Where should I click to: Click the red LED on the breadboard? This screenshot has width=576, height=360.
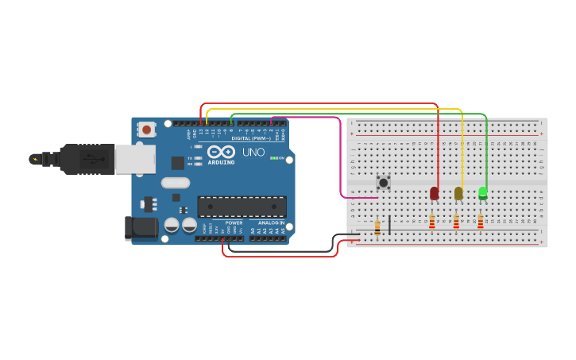point(434,193)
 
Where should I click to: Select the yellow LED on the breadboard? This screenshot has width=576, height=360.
point(458,193)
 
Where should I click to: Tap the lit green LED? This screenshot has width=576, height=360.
point(483,193)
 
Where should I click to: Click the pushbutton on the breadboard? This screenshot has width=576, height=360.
point(384,183)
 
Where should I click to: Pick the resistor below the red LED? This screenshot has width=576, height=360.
point(432,222)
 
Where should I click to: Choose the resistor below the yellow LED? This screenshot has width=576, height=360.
point(456,222)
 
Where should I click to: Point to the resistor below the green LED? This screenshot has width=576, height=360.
point(481,222)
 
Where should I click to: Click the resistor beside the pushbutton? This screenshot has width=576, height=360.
point(377,228)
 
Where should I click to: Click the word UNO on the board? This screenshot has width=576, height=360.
point(253,152)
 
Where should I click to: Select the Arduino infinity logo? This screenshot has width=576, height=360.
point(222,151)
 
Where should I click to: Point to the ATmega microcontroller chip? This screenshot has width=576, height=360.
point(242,207)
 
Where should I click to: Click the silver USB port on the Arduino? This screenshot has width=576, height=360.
point(134,159)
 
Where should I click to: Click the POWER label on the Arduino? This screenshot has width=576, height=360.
point(234,223)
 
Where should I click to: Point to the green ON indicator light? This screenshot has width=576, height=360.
point(273,158)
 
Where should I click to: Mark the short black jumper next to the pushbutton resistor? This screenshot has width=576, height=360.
point(389,223)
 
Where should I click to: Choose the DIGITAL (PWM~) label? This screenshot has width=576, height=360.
point(252,138)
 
